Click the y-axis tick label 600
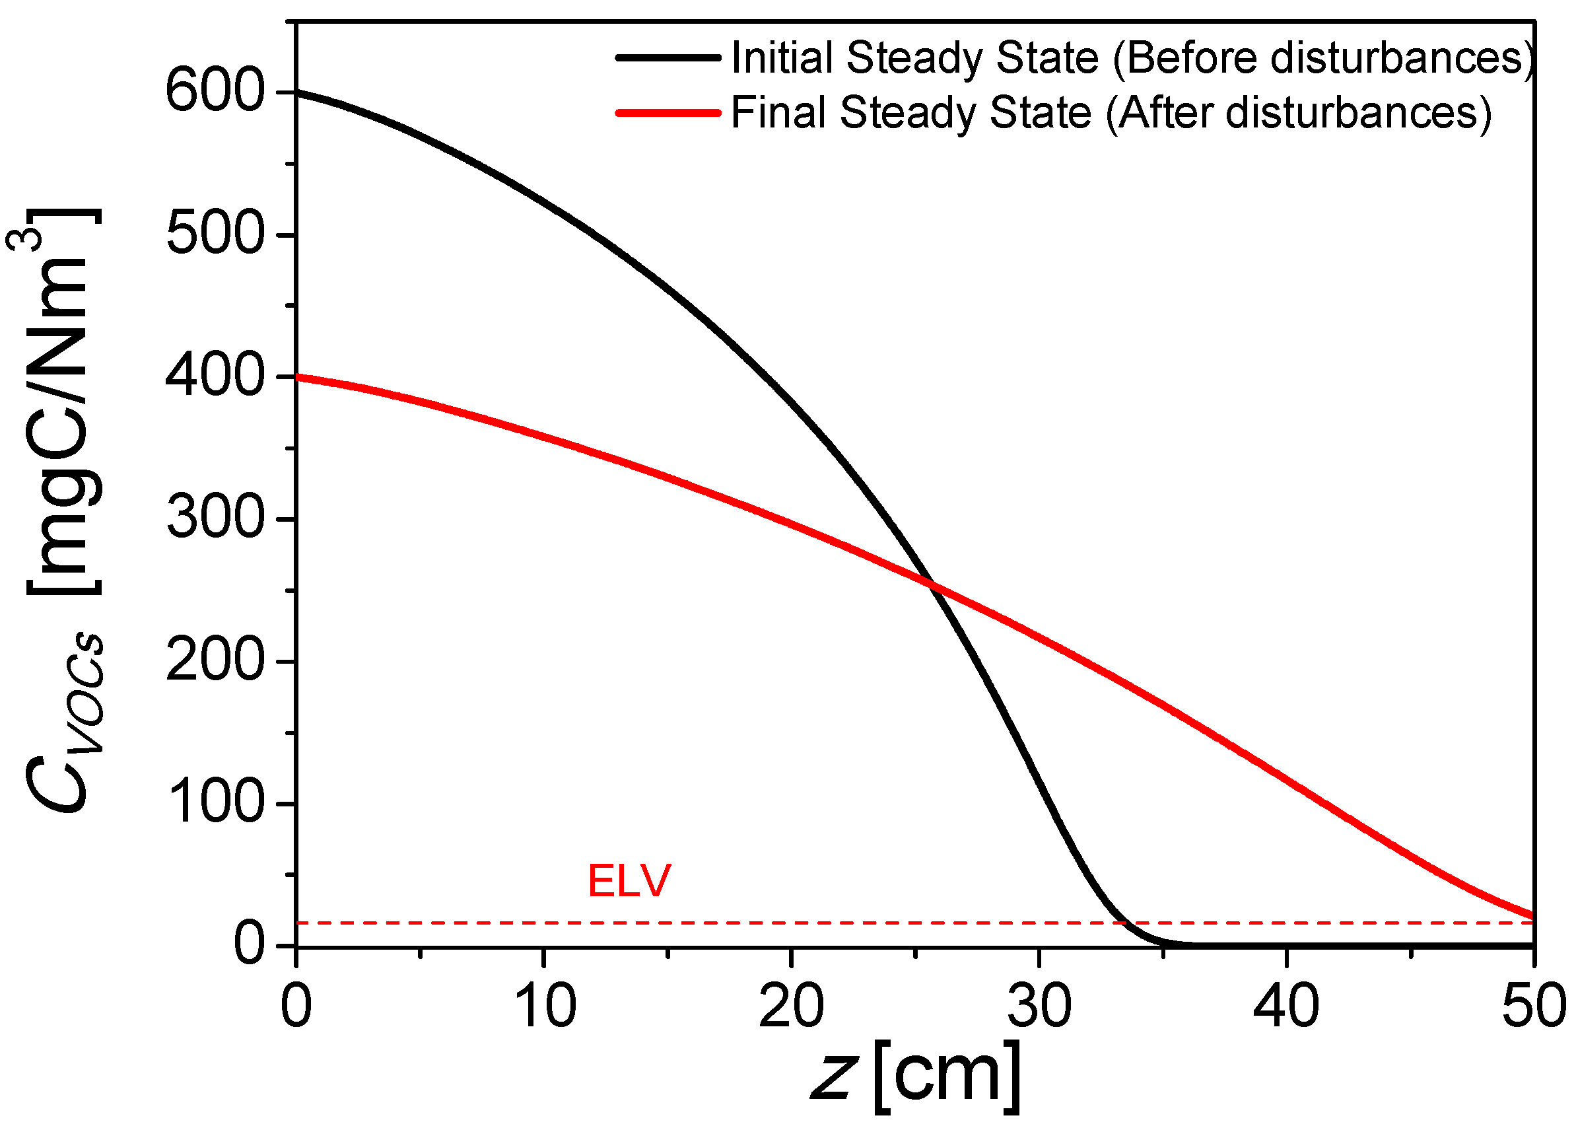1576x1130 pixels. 215,92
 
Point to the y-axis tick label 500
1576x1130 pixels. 215,234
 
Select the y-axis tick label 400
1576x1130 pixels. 215,376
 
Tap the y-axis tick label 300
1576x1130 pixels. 215,518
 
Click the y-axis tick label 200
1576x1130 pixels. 215,661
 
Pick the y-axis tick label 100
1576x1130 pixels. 215,803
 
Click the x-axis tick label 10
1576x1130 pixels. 545,1006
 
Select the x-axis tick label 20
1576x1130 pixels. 792,1006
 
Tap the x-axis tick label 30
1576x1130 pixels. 1039,1006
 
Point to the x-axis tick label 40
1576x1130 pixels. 1286,1006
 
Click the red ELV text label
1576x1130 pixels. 629,881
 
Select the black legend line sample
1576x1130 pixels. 668,57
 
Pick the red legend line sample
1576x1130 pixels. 668,112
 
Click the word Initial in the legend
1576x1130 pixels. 782,57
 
